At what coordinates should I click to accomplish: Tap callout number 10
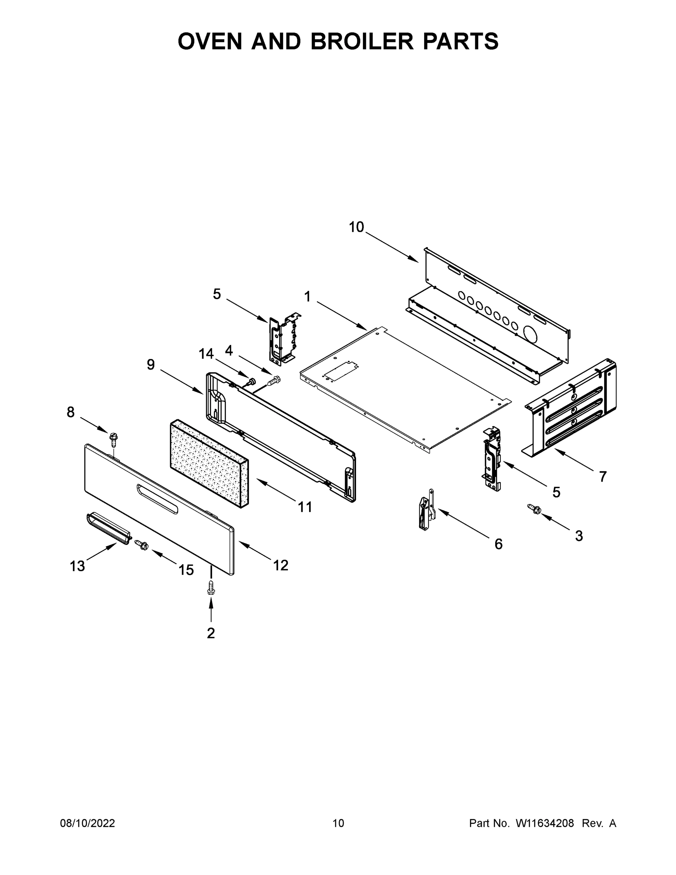click(356, 227)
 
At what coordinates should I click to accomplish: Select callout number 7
click(603, 477)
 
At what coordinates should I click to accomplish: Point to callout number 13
click(77, 566)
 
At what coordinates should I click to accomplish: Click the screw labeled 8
click(113, 439)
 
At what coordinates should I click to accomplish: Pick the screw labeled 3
click(534, 509)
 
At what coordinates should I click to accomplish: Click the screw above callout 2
click(211, 588)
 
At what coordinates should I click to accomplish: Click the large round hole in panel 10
click(531, 334)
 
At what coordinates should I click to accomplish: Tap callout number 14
click(206, 354)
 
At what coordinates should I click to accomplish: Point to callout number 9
click(151, 365)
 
